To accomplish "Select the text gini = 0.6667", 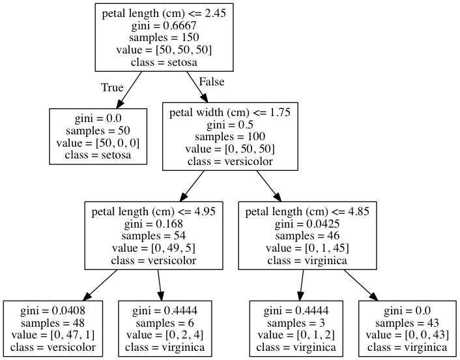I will coord(164,25).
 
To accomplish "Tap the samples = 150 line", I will coord(164,38).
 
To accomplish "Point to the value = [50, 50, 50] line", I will coord(164,50).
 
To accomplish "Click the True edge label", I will coord(112,87).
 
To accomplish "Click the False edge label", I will coord(211,82).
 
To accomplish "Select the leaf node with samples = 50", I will coord(98,136).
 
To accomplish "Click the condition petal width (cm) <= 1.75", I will coord(229,112).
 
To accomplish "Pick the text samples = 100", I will coord(229,137).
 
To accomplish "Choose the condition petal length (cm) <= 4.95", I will coord(154,211).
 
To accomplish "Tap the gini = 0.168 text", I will coord(154,224).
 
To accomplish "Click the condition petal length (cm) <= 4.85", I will coord(308,211).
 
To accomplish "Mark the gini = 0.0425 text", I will coord(308,224).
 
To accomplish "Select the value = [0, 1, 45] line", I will coord(308,248).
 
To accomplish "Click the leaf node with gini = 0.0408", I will coord(53,329).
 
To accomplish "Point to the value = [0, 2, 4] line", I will coord(164,335).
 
